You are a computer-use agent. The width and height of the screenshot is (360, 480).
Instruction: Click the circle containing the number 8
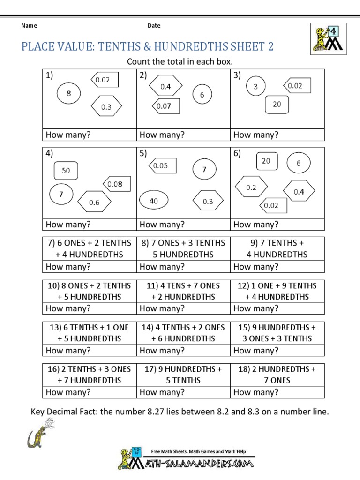click(x=69, y=93)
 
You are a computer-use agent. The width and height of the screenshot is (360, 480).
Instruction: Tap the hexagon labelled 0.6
click(x=94, y=202)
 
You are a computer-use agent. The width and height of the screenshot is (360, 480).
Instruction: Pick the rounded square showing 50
click(x=66, y=171)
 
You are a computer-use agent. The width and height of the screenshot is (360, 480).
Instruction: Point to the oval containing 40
click(x=154, y=201)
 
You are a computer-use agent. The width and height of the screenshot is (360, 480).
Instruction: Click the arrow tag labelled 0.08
click(x=116, y=184)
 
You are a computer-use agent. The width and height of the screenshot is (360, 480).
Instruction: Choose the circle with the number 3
click(x=255, y=86)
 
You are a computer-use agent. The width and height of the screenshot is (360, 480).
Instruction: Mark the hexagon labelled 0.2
click(x=251, y=187)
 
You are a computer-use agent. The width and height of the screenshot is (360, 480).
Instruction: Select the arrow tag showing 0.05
click(x=162, y=165)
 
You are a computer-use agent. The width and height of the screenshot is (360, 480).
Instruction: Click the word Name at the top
click(x=29, y=26)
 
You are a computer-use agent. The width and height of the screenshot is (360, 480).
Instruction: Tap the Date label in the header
click(x=154, y=26)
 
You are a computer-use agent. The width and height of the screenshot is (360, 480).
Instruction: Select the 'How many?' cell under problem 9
click(x=277, y=267)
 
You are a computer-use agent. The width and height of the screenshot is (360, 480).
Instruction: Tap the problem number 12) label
click(x=246, y=285)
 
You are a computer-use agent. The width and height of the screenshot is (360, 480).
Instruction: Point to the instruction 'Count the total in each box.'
click(x=180, y=62)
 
